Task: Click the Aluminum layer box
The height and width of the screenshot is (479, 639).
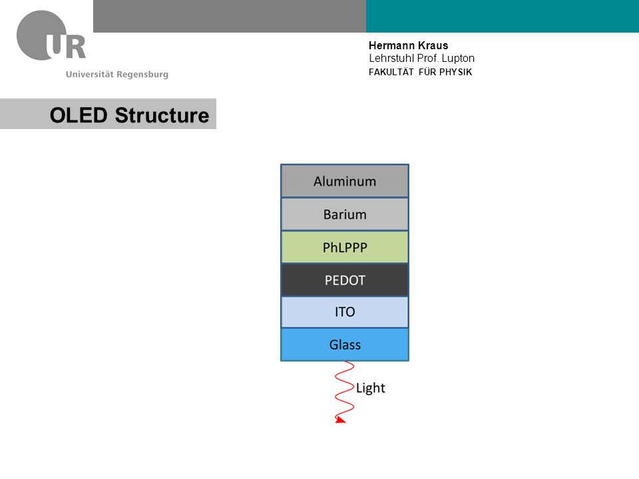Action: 345,181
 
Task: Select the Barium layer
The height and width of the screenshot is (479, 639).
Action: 345,214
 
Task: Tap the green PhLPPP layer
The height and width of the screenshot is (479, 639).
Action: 345,247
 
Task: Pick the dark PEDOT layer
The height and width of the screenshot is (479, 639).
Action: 345,280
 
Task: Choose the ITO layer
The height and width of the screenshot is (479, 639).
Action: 345,312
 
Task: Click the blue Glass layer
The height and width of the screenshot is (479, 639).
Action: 345,345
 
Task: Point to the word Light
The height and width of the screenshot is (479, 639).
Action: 371,388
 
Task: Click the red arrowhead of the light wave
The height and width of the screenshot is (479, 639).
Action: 340,419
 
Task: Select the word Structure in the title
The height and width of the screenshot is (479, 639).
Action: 162,115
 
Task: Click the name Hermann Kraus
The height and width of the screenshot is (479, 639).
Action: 408,45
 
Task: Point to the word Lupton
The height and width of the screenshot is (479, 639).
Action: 458,59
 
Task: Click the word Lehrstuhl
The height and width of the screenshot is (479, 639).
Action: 391,59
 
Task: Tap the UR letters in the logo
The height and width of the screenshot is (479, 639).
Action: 66,45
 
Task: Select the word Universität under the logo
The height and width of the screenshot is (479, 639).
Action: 89,74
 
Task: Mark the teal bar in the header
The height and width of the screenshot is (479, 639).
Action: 503,16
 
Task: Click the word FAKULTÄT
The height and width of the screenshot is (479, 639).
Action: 391,72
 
